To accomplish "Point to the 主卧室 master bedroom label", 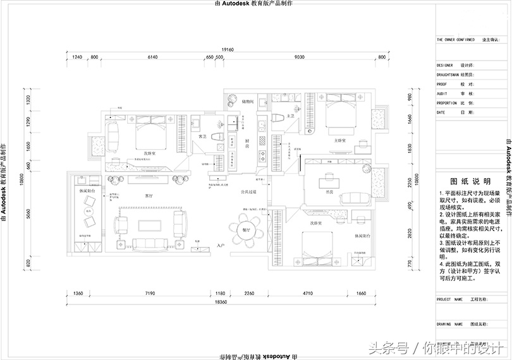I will coord(339,140).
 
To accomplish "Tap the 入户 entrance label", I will coord(221,245).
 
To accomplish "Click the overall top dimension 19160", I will coord(228,49).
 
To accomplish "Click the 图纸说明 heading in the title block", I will coord(466,180).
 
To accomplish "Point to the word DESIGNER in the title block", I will coord(446,65).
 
